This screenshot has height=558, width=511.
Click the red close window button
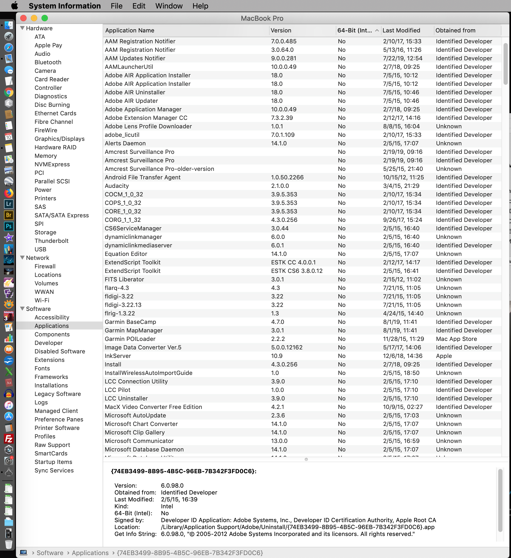[24, 18]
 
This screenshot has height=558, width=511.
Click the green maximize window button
[45, 18]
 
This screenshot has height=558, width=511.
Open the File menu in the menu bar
[116, 6]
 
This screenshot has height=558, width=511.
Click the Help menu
[200, 6]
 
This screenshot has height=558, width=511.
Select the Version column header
[281, 31]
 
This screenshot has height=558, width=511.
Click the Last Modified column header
[401, 31]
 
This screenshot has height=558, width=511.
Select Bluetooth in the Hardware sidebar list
[48, 62]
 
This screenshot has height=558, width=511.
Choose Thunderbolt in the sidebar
[52, 241]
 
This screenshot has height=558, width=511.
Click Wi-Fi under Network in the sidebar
[42, 300]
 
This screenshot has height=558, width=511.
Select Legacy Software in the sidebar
[58, 394]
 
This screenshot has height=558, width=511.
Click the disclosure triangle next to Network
[22, 258]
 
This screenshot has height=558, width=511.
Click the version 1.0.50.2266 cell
[287, 177]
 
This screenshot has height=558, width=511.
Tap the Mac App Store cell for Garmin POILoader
[456, 339]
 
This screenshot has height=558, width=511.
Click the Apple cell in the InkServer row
[444, 356]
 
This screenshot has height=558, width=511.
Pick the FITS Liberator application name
[124, 279]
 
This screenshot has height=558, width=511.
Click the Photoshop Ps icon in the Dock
[9, 226]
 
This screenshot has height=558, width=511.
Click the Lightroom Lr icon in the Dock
[9, 204]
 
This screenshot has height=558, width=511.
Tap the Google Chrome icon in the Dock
[9, 92]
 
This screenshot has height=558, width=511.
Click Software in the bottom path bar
[50, 553]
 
